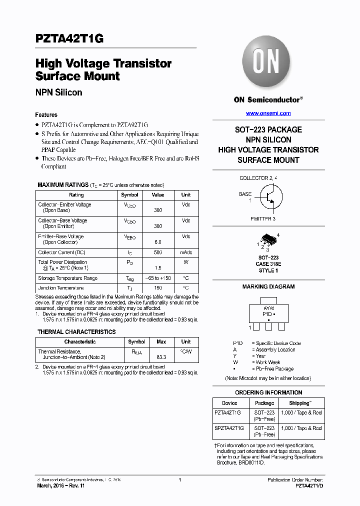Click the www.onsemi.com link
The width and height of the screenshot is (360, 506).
pos(268,113)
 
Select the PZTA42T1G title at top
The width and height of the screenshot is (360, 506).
pos(69,39)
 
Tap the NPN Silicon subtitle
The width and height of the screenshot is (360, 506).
pos(58,92)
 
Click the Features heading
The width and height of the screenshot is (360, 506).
pos(46,114)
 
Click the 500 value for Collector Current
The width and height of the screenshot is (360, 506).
pos(158,253)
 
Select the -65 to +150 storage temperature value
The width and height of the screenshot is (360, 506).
pos(158,278)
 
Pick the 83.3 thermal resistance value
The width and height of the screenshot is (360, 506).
pos(161,357)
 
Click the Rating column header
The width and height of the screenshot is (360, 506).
pos(76,195)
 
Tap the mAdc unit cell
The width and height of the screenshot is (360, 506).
pos(185,253)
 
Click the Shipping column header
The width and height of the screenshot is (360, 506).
pos(300,403)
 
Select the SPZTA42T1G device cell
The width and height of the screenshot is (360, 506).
pos(229,428)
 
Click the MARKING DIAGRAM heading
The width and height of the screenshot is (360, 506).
pos(268,287)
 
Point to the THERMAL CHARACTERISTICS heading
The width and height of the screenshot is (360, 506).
pos(76,332)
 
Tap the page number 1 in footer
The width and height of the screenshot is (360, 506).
pos(179,480)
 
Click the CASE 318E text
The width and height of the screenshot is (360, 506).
pos(268,264)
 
